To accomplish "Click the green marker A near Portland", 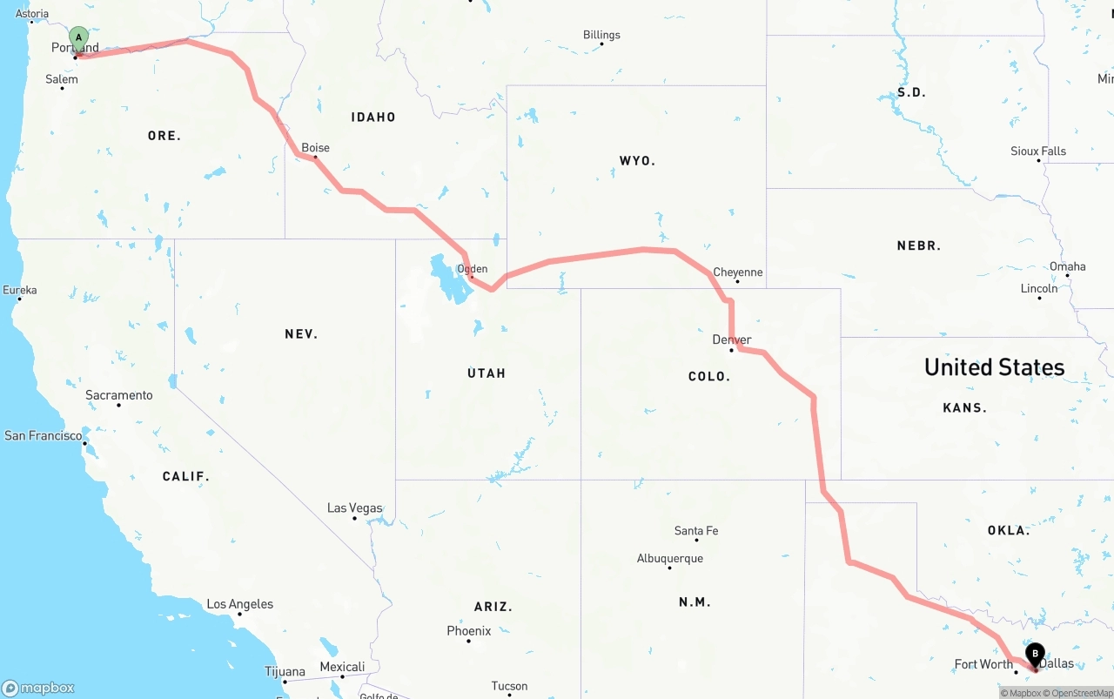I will (x=78, y=38).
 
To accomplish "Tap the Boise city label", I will (x=315, y=148).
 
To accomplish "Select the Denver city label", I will (x=732, y=339).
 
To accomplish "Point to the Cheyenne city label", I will (x=737, y=272).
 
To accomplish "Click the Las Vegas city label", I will (x=354, y=507).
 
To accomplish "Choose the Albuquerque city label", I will (x=669, y=559).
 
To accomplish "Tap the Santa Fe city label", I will (x=696, y=531).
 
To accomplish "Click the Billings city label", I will (x=601, y=35).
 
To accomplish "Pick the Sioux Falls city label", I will (x=1037, y=151).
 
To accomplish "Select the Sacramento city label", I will (x=118, y=395).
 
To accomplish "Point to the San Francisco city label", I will (x=44, y=435).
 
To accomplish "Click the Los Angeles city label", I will (x=239, y=604).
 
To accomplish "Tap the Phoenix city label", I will (x=468, y=631).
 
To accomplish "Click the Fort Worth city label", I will (x=983, y=664).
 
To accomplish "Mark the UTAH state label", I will (x=486, y=373).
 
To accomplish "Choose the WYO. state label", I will (x=637, y=161).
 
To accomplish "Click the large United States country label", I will (x=994, y=367).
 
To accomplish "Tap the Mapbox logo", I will (x=38, y=688).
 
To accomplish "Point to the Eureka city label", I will (x=19, y=290).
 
